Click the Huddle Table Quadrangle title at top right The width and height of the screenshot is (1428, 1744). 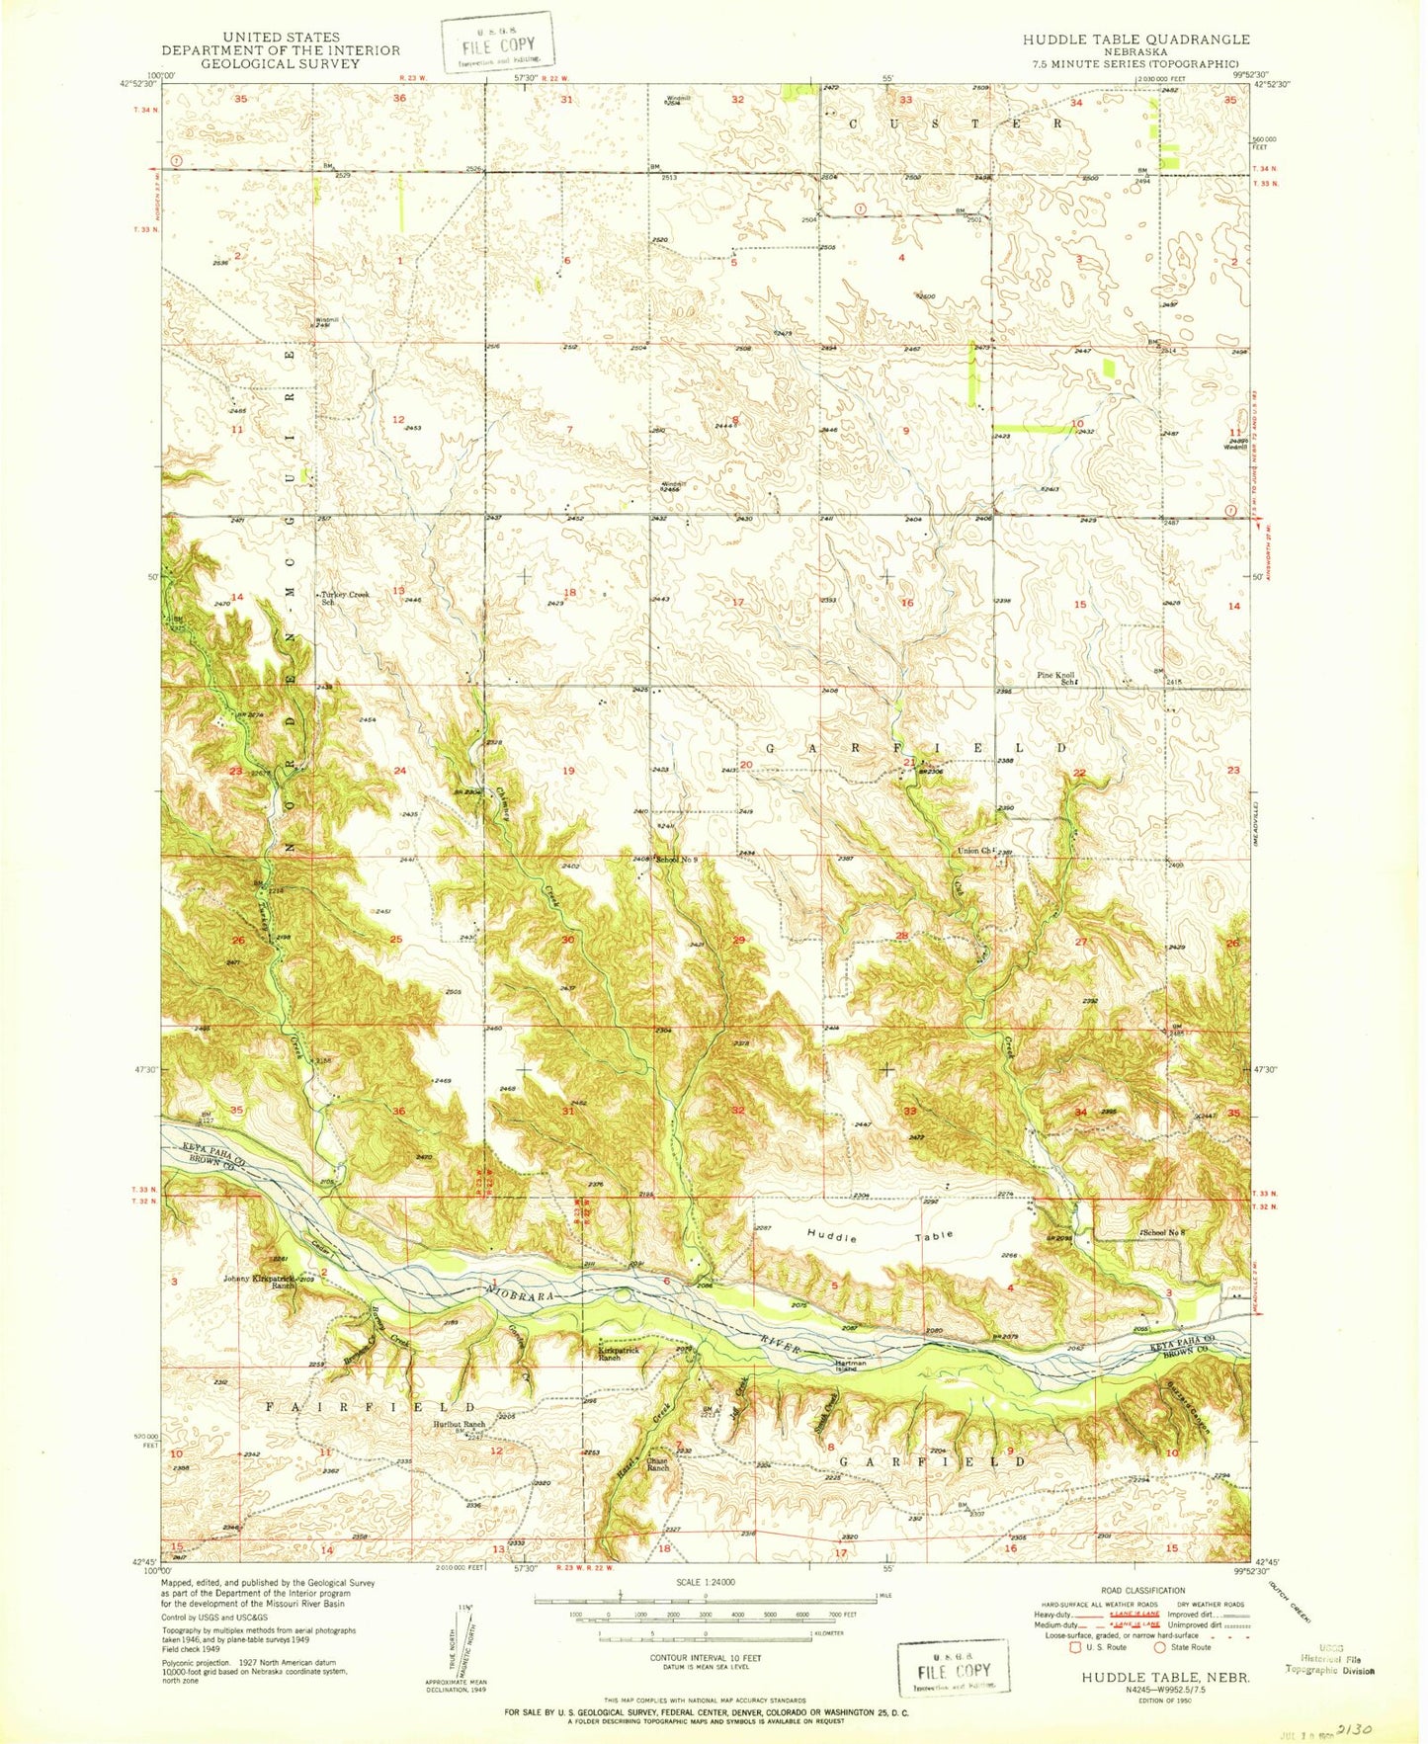[x=1135, y=40]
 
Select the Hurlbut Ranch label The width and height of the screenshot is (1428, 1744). [x=460, y=1425]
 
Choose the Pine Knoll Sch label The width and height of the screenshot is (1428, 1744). [x=1055, y=679]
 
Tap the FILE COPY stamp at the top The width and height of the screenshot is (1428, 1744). [x=497, y=43]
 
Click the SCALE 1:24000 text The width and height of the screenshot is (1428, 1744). [x=705, y=1582]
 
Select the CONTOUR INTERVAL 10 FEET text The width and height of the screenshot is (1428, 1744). [x=705, y=1657]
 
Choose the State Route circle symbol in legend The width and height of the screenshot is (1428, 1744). [x=1158, y=1647]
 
